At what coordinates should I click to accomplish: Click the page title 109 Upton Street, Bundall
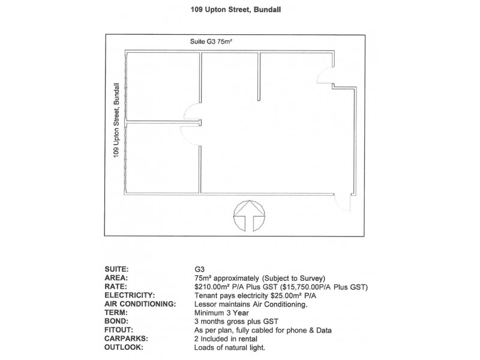[x=236, y=10]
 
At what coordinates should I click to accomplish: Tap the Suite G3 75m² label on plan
[x=211, y=41]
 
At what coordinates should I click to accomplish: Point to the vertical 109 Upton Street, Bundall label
[x=116, y=121]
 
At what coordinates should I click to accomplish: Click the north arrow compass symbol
[x=249, y=216]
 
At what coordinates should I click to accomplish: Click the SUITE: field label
[x=116, y=269]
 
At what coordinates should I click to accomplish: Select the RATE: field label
[x=115, y=287]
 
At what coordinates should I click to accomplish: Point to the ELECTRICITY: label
[x=130, y=295]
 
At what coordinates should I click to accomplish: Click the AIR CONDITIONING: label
[x=140, y=304]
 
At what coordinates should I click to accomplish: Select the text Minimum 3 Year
[x=221, y=313]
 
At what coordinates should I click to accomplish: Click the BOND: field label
[x=116, y=322]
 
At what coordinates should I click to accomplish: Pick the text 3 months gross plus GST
[x=236, y=322]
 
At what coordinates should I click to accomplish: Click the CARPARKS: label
[x=126, y=338]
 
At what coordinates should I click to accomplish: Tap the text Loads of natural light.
[x=230, y=348]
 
